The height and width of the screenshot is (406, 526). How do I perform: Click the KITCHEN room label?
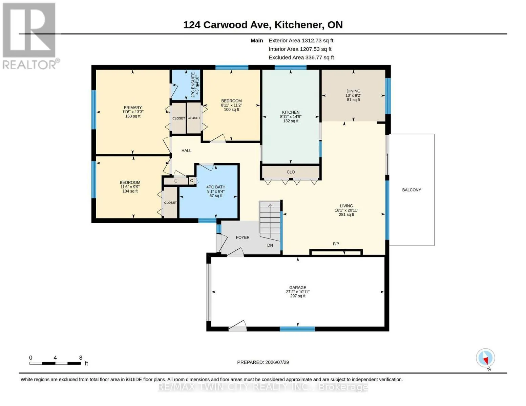pos(291,112)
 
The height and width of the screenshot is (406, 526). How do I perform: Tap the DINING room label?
pos(353,91)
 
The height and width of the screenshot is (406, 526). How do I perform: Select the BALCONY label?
pos(412,190)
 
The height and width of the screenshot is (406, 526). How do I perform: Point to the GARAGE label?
pos(297,288)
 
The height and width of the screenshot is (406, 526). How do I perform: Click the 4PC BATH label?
pos(216,187)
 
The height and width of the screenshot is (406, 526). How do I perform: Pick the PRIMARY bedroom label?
pos(133,108)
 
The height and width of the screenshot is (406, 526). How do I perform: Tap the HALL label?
pos(186,151)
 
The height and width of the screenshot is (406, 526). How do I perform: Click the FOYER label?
pos(243,238)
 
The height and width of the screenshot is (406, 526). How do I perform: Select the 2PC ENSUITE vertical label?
pos(193,85)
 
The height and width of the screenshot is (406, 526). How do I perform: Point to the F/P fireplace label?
pos(336,244)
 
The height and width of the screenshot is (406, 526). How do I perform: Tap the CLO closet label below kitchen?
pos(291,172)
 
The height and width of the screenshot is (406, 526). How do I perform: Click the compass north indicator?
pos(485,358)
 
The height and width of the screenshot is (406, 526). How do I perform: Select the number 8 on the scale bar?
pos(81,358)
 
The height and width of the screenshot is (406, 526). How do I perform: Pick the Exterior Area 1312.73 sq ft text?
pos(301,41)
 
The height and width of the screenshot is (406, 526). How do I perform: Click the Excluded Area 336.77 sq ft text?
pos(301,58)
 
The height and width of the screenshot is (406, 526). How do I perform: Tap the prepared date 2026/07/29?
pos(277,362)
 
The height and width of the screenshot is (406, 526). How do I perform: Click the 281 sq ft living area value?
pos(346,215)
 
